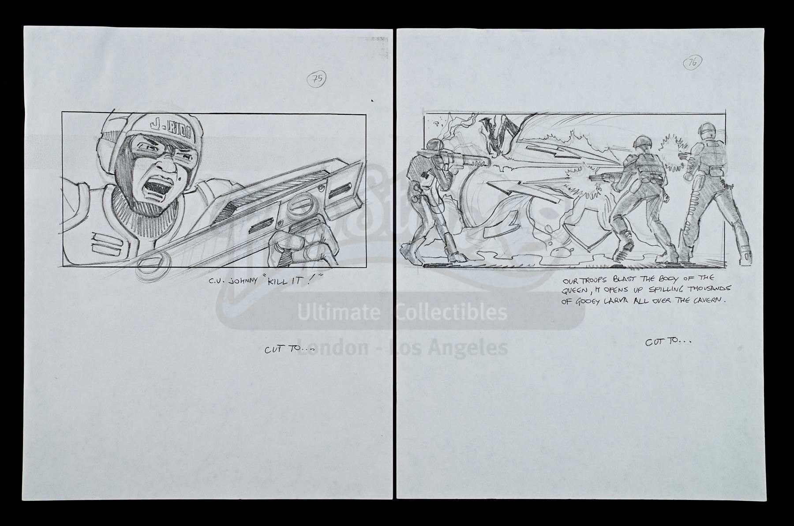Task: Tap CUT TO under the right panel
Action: tap(668, 342)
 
